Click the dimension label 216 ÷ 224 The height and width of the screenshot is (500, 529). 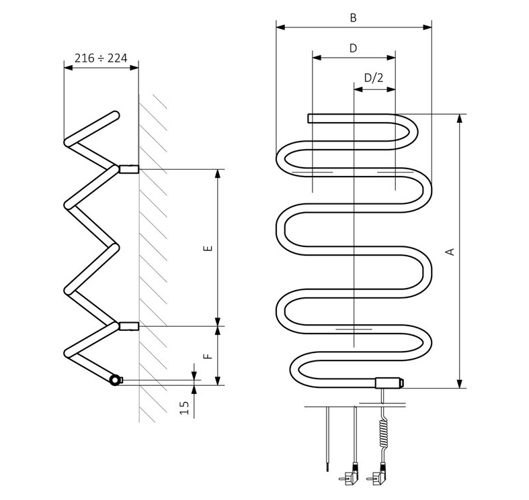[101, 58]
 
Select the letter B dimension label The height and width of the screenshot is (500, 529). [353, 18]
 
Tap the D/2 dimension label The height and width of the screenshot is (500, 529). [373, 78]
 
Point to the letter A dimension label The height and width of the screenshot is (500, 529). [451, 252]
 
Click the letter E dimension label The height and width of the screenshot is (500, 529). [208, 248]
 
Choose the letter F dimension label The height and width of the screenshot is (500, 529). [208, 356]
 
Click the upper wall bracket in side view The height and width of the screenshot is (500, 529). [128, 169]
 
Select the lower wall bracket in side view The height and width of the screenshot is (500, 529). [128, 327]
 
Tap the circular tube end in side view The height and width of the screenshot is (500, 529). [116, 380]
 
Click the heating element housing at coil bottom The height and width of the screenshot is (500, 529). [389, 384]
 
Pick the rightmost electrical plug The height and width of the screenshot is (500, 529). [376, 479]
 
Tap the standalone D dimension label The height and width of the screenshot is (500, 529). [353, 48]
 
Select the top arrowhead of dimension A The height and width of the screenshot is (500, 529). [459, 118]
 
